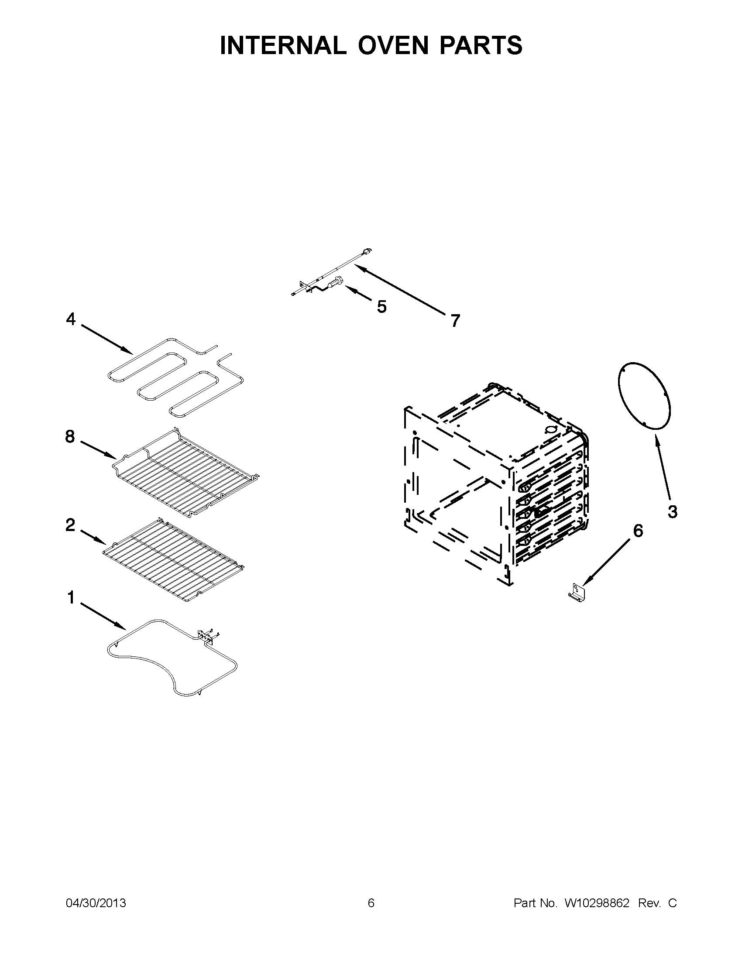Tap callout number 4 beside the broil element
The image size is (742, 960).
[x=71, y=319]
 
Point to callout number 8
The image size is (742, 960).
[x=70, y=436]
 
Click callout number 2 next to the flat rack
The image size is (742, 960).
[x=70, y=525]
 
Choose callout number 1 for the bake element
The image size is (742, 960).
[x=71, y=598]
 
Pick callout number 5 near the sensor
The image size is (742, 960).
[x=381, y=306]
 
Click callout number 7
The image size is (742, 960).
[x=455, y=321]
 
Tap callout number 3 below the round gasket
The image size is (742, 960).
[x=672, y=511]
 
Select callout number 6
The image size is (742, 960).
[x=637, y=531]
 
